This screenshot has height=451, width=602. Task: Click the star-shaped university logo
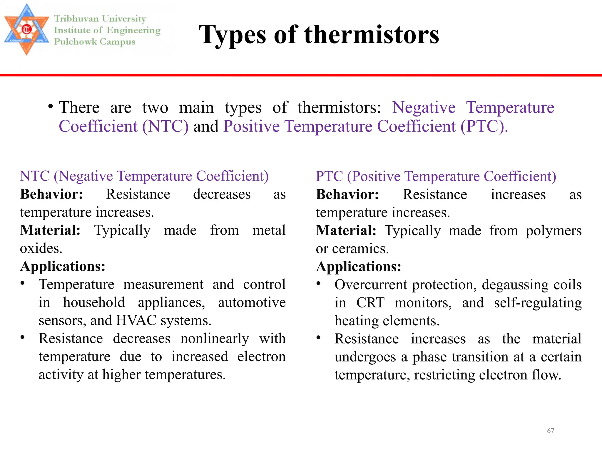point(26,29)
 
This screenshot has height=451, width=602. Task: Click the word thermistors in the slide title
point(372,35)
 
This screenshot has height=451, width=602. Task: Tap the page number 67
point(551,431)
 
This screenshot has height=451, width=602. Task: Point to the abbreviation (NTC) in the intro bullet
point(165,127)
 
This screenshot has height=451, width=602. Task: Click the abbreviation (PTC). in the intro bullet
point(484,127)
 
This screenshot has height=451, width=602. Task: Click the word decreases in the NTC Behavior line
point(222,194)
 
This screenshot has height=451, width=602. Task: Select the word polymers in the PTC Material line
point(553,231)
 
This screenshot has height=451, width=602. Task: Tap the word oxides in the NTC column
point(41,249)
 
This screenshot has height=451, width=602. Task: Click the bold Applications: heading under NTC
point(63,267)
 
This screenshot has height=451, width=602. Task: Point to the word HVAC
point(136,321)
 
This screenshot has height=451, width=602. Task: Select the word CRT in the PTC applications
point(370,303)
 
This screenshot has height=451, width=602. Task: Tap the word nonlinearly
point(215,339)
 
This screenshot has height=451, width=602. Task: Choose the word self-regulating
point(538,303)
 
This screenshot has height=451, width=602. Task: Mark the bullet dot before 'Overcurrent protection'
point(318,284)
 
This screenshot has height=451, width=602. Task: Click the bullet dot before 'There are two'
point(51,106)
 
